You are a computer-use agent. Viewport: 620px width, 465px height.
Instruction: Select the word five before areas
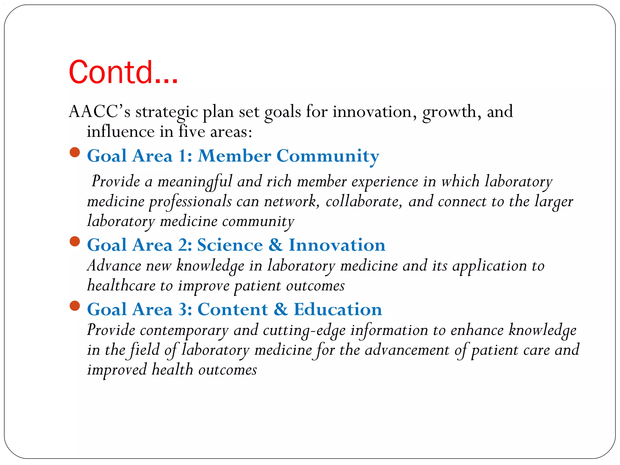click(192, 131)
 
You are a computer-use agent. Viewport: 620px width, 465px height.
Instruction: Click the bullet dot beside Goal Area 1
click(74, 152)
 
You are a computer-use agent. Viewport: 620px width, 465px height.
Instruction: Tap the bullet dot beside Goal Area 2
click(74, 242)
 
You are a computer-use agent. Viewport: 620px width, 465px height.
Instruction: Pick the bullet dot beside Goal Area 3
click(74, 306)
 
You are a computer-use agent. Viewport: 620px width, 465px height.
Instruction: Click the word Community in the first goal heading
click(328, 156)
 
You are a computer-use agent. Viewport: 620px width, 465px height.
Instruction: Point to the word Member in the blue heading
click(235, 156)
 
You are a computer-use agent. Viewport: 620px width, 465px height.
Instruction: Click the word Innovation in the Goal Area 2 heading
click(337, 245)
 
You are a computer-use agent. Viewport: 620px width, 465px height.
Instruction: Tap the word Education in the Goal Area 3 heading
click(338, 309)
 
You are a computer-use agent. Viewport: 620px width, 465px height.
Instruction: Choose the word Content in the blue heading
click(233, 309)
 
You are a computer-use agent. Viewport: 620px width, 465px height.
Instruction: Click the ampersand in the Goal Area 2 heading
click(275, 245)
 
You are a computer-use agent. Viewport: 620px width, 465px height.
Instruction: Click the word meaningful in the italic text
click(195, 182)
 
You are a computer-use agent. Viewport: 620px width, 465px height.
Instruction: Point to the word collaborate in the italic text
click(364, 202)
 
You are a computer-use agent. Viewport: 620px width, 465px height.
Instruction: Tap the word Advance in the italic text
click(114, 266)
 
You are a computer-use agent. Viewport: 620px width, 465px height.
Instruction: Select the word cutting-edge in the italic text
click(304, 330)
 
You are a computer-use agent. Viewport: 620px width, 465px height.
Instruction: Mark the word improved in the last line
click(117, 370)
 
